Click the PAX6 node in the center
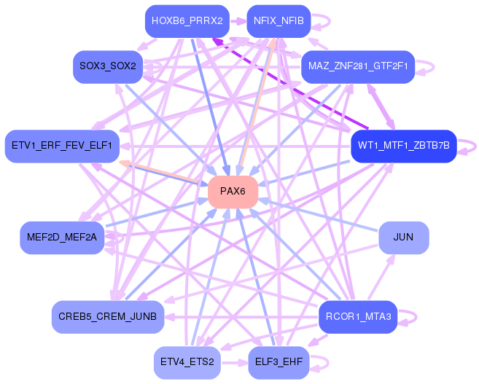233,192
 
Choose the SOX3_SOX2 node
108,66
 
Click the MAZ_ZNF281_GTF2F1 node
357,66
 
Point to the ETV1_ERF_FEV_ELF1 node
62,146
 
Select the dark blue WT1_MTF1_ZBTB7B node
403,146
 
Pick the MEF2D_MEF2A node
62,238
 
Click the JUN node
403,238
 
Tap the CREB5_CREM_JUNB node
108,316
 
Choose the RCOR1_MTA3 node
358,316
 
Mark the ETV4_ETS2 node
187,362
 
